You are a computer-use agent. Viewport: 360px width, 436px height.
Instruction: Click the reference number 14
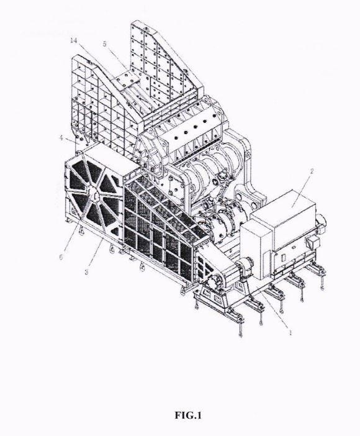pos(74,40)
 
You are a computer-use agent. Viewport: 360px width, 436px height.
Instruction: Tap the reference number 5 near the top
pos(104,44)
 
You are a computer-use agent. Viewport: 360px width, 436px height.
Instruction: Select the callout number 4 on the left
pos(61,138)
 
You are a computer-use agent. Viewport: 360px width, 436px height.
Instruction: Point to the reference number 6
pos(61,257)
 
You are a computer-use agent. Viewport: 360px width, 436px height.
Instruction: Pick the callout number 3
pos(86,271)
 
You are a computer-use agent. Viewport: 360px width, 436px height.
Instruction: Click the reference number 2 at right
pos(312,171)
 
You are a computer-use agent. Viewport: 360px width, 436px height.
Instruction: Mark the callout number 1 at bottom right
pos(290,332)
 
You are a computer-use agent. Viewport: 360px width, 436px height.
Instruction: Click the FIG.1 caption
pos(188,415)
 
